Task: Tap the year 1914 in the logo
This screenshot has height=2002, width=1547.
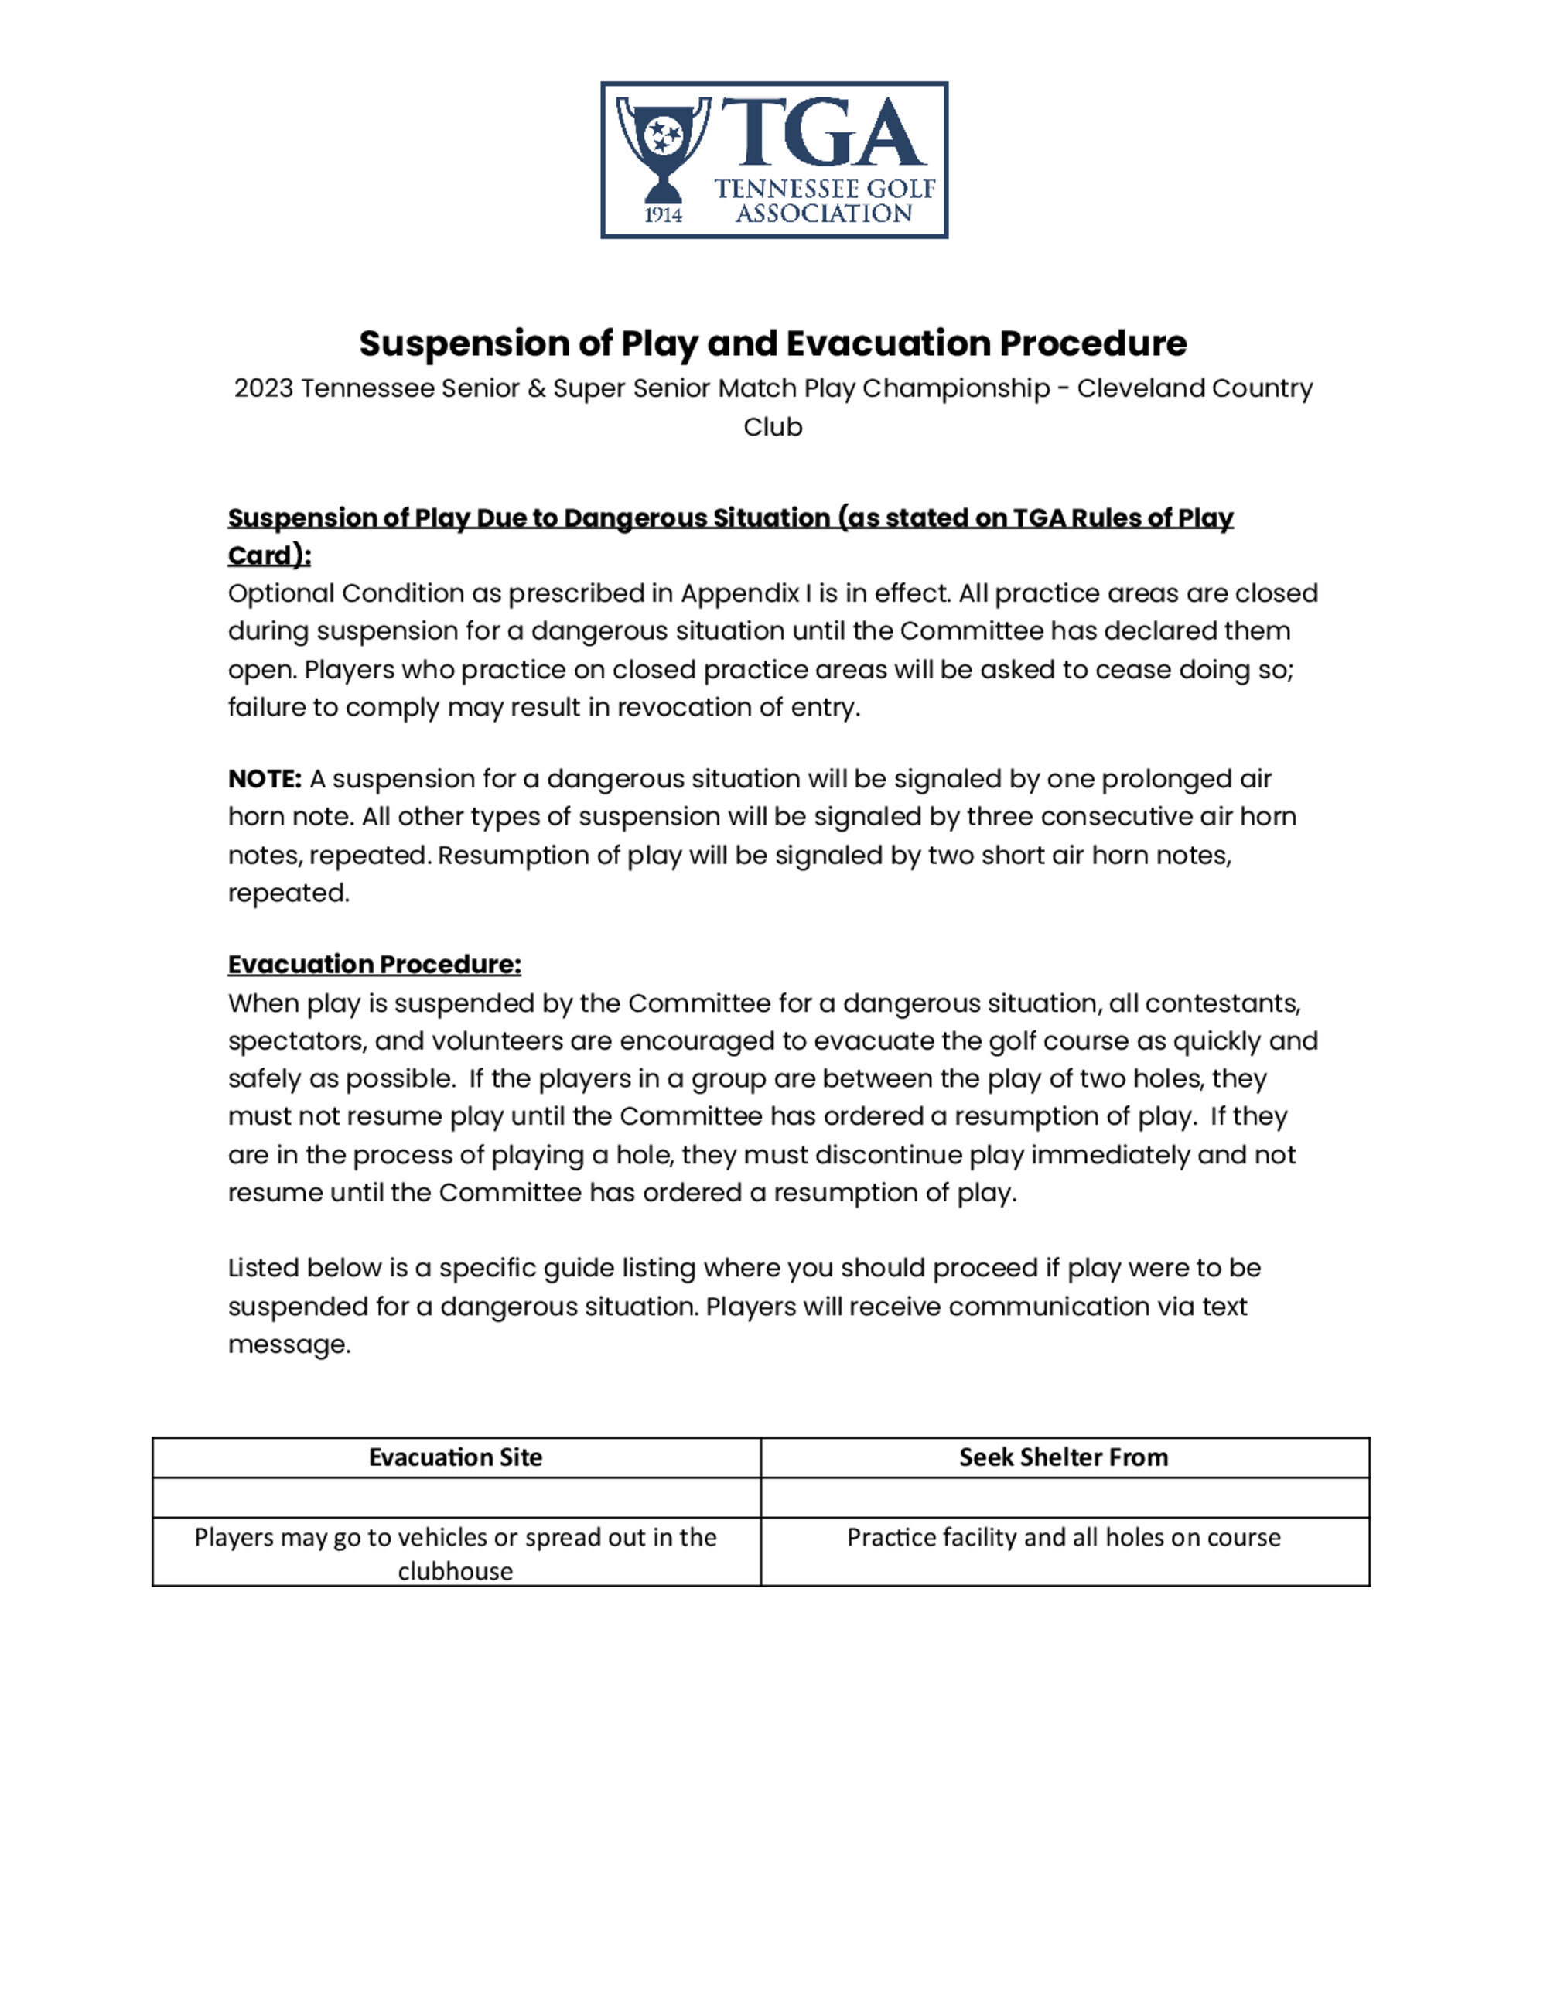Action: click(x=663, y=215)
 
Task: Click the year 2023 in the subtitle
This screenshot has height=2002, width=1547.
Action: click(x=263, y=388)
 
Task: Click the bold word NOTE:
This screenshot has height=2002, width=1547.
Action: click(x=265, y=779)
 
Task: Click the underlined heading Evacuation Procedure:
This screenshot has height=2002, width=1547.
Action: click(x=374, y=965)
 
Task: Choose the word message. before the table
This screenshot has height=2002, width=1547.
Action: click(x=289, y=1344)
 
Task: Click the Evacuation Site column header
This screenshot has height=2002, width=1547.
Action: click(x=456, y=1457)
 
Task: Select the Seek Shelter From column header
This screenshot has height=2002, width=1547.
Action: click(x=1063, y=1457)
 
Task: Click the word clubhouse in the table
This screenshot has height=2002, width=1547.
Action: click(x=456, y=1571)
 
